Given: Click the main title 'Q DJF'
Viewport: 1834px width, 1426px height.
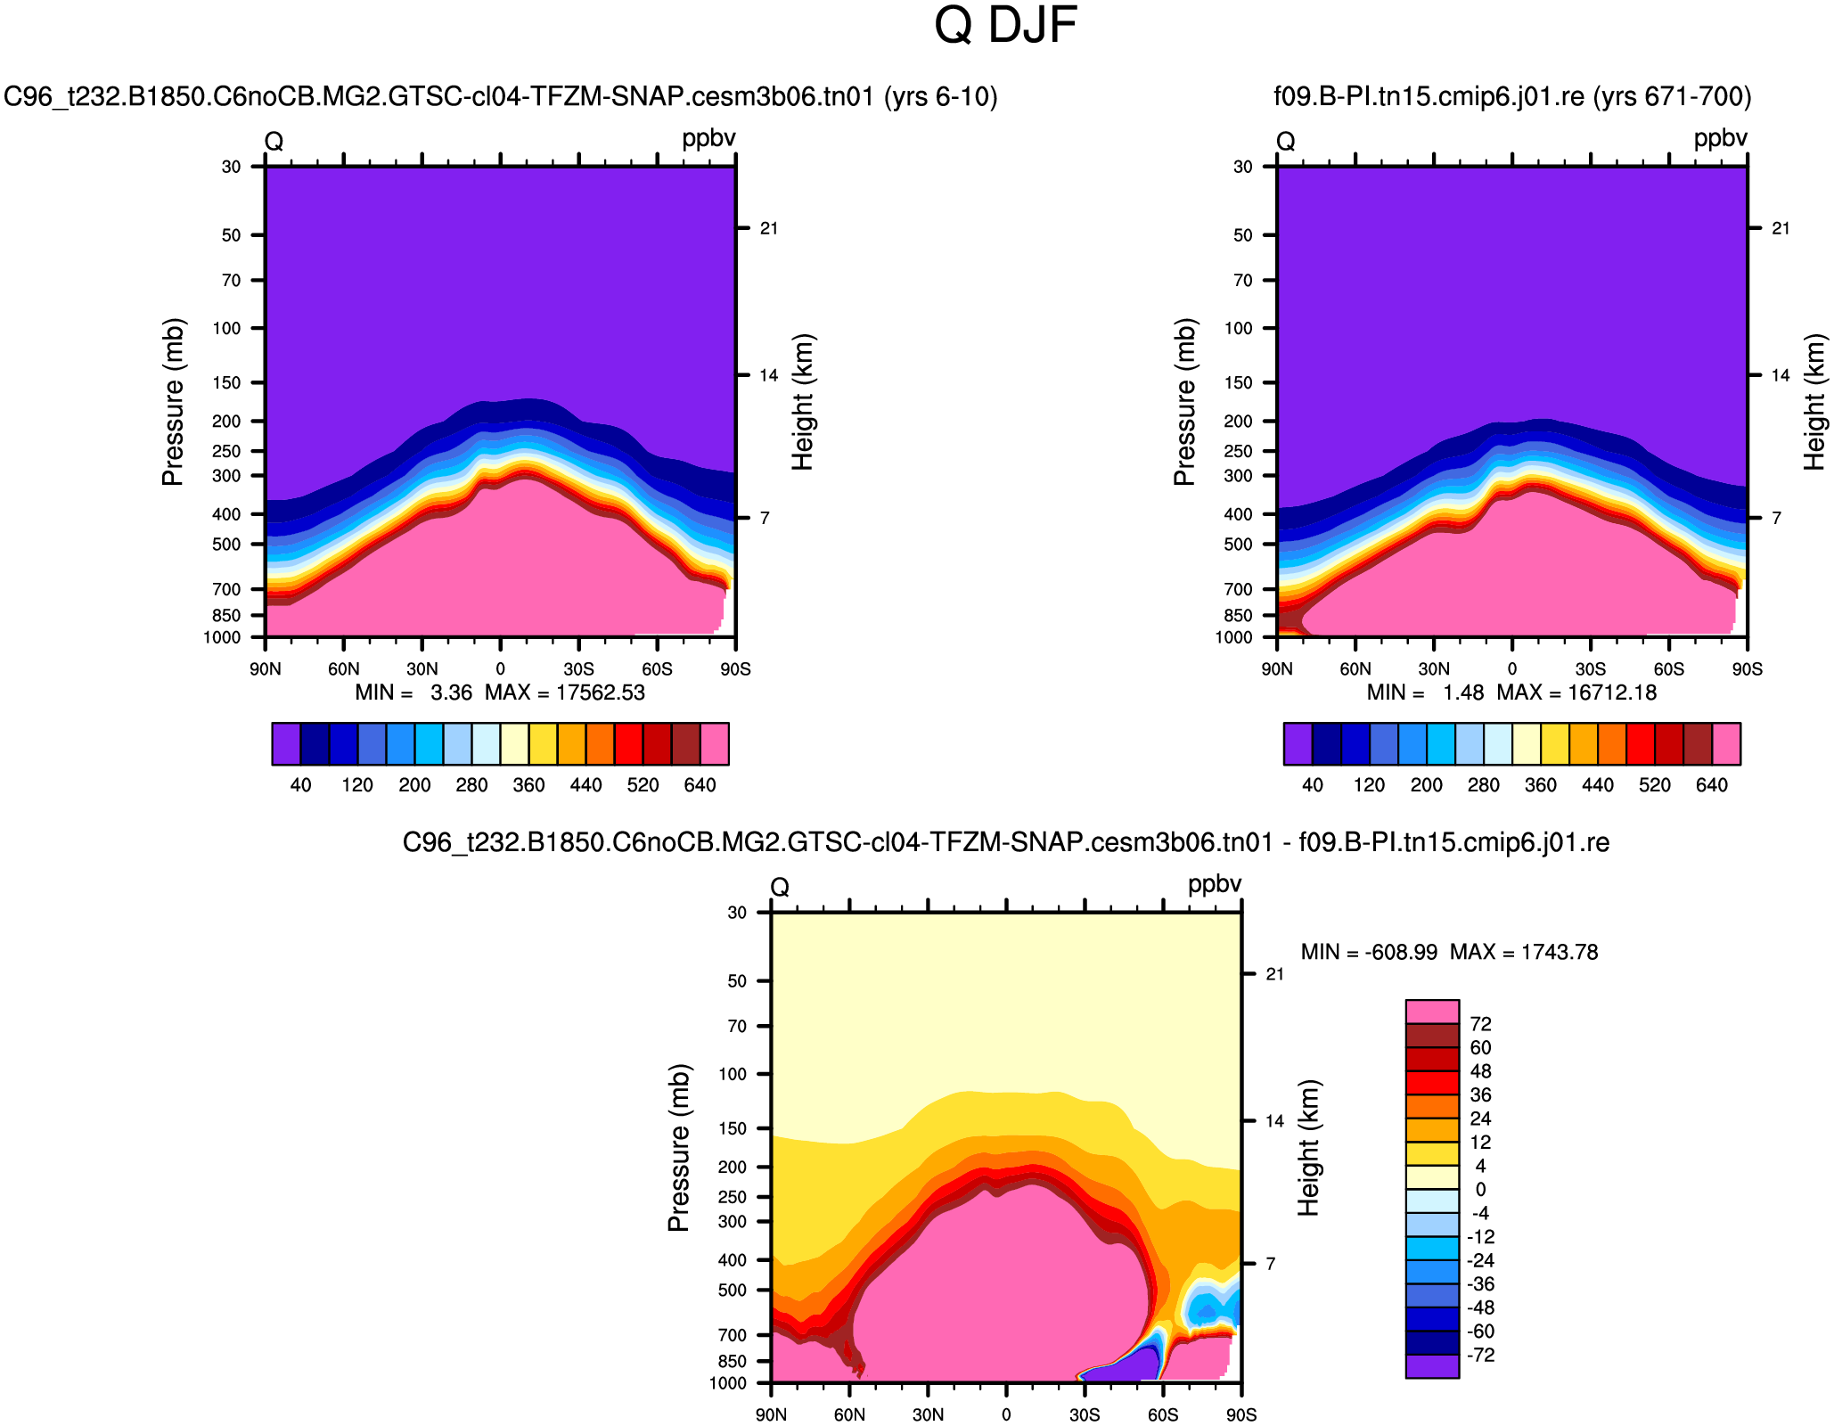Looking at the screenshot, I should click(x=1005, y=25).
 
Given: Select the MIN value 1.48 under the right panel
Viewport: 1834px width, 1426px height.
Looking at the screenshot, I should click(x=1464, y=693).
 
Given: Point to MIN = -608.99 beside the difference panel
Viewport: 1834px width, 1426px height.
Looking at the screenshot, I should click(x=1369, y=952).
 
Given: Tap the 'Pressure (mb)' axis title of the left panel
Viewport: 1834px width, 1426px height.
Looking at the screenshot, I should click(x=172, y=401).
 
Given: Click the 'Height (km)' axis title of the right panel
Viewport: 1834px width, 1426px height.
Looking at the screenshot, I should click(x=1814, y=401).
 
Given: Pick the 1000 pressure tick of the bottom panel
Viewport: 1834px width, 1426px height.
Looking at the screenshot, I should click(x=728, y=1383).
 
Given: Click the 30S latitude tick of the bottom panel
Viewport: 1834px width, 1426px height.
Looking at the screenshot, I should click(x=1085, y=1415).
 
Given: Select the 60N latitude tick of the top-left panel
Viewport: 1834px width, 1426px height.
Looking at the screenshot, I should click(x=344, y=669).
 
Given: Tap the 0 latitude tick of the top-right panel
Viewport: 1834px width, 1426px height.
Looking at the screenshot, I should click(x=1512, y=669).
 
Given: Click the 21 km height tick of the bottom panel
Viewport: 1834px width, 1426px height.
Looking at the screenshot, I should click(x=1275, y=974).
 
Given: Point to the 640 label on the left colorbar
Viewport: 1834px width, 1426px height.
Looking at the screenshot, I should click(x=700, y=785).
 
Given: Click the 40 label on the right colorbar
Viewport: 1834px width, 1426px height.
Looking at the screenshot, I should click(x=1313, y=785).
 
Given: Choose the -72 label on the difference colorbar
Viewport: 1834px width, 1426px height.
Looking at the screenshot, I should click(x=1480, y=1356).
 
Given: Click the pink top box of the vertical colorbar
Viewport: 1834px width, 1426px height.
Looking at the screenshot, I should click(x=1432, y=1012).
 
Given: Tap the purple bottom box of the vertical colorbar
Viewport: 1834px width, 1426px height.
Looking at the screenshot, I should click(x=1432, y=1366).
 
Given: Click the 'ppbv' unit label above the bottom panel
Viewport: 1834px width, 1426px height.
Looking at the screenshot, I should click(x=1214, y=884).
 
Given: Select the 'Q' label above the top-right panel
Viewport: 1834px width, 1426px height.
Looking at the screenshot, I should click(x=1285, y=141).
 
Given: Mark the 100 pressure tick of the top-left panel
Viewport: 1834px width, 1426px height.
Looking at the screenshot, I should click(x=227, y=328).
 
